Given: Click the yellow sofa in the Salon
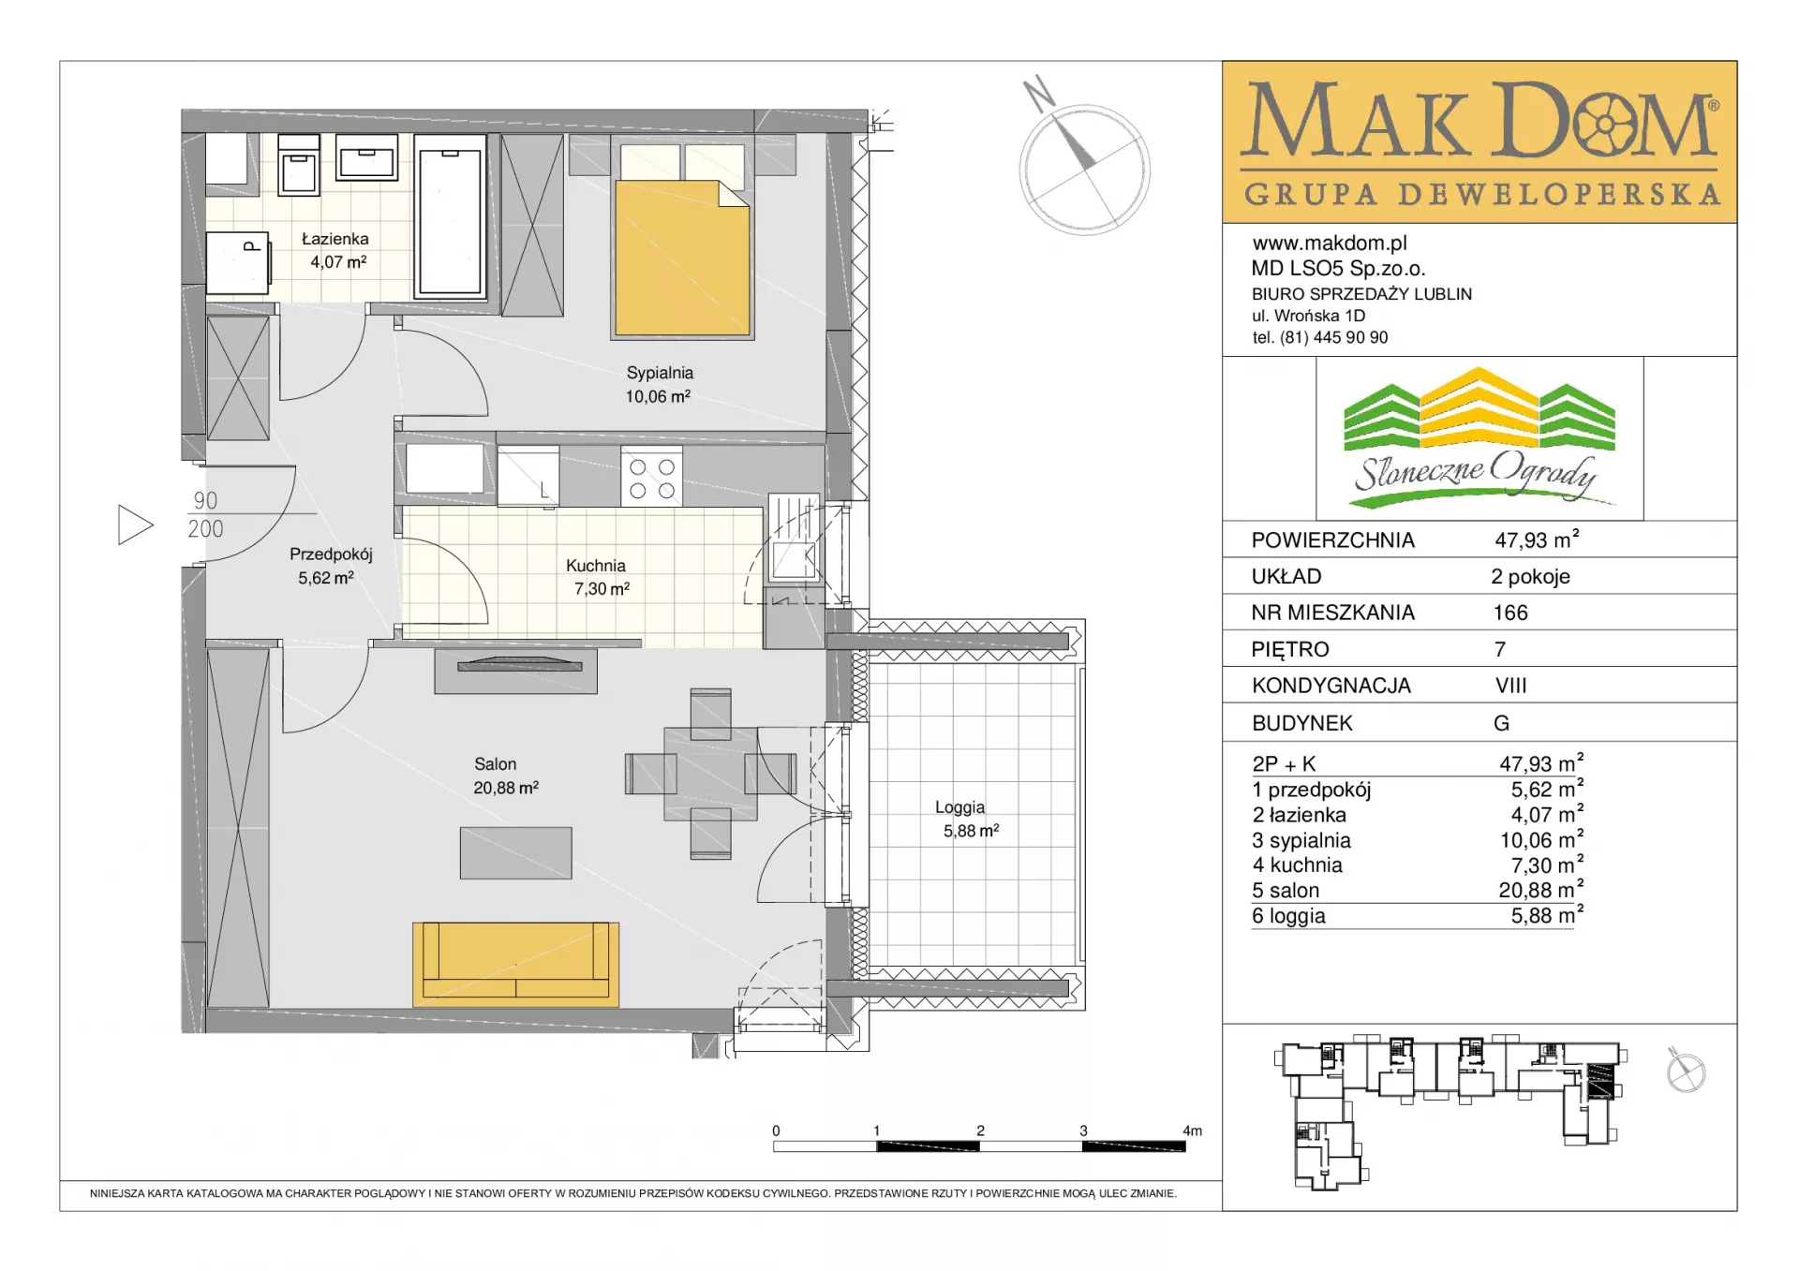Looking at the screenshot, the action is click(515, 964).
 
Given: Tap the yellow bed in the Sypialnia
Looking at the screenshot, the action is click(682, 258).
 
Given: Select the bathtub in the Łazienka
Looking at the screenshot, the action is click(450, 216).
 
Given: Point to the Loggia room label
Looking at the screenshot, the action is click(959, 807).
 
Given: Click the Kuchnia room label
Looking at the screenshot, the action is click(595, 566).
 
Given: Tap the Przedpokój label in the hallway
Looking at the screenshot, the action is click(331, 554).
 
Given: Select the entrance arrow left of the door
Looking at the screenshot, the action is click(135, 525).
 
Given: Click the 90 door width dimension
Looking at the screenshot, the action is click(205, 501).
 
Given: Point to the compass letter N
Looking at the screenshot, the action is click(1038, 94).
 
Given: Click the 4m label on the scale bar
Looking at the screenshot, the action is click(1192, 1131).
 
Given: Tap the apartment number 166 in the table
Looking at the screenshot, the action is click(1510, 613).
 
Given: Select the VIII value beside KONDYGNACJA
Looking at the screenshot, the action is click(1511, 686).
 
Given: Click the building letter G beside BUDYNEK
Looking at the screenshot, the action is click(1502, 723).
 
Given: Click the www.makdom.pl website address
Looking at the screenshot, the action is click(1330, 244).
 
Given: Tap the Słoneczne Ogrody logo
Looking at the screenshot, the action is click(1479, 438).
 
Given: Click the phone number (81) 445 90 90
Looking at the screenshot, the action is click(1334, 337).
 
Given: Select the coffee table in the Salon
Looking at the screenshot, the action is click(515, 852).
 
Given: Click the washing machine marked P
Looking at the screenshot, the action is click(239, 261).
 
